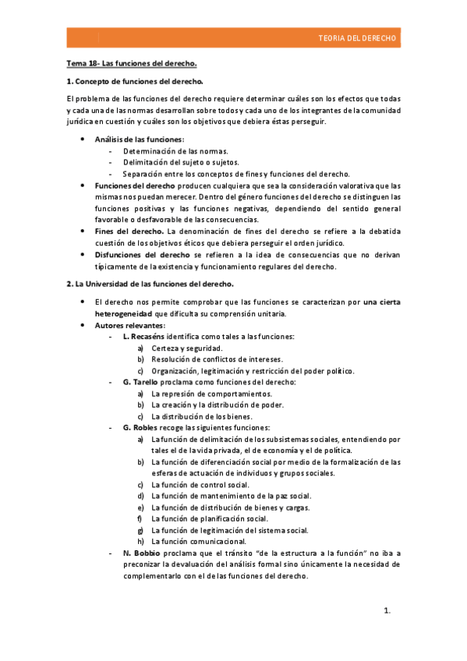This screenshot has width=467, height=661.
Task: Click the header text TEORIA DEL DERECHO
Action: click(358, 37)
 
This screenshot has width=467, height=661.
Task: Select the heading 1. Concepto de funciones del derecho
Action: click(135, 81)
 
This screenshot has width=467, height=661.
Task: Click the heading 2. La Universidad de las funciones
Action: click(150, 284)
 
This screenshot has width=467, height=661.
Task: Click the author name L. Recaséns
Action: click(143, 336)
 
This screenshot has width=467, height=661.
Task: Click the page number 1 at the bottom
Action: click(387, 611)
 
